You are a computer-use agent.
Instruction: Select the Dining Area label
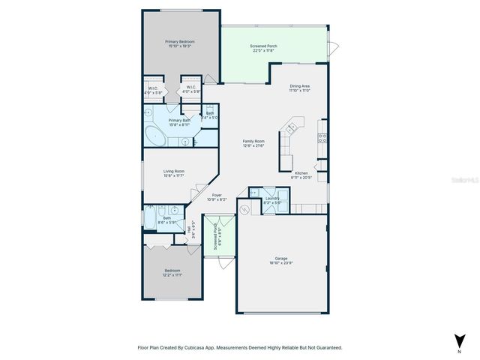coord(300,86)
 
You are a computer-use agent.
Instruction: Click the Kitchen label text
coord(301,172)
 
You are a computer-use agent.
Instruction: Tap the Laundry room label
coord(271,198)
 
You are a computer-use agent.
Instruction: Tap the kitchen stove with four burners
coord(323,137)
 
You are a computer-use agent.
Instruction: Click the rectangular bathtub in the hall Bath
coord(151,220)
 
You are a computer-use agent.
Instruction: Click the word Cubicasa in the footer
coord(200,347)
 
